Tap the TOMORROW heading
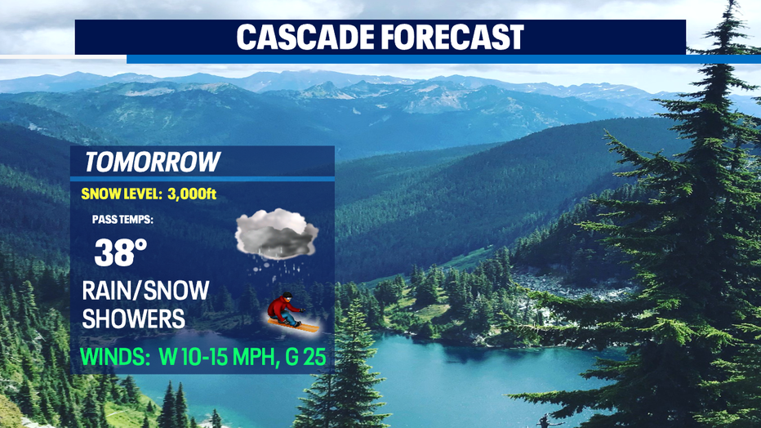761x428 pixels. [153, 162]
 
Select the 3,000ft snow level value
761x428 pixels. [192, 194]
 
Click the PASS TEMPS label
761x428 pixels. [122, 220]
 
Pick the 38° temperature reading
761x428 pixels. [120, 252]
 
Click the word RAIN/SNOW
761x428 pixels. [145, 291]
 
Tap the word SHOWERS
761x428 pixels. [133, 319]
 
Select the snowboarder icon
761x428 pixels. [292, 313]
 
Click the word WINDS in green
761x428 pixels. [115, 357]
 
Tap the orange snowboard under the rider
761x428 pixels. [293, 326]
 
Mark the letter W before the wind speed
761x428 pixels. [168, 357]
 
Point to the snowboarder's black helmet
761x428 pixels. [287, 296]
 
